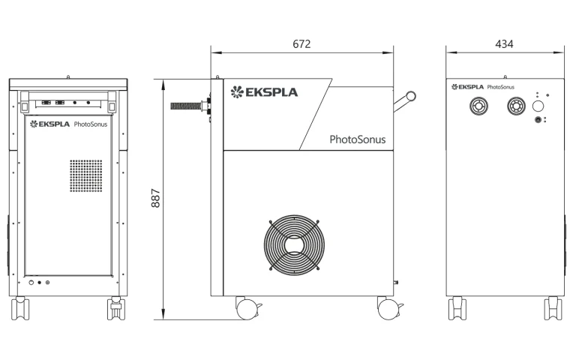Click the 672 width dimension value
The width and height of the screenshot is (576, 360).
[x=301, y=44]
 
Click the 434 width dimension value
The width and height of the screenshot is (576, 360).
[x=504, y=44]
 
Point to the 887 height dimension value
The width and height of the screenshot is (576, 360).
[x=156, y=198]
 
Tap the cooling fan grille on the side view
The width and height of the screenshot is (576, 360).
[x=294, y=245]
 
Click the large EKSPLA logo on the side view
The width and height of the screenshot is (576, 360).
[x=264, y=91]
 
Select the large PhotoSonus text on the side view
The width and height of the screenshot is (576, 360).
[x=358, y=139]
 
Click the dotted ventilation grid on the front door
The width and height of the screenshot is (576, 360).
[x=86, y=175]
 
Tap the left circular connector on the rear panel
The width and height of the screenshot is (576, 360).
[x=478, y=106]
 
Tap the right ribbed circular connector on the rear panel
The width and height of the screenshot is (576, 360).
[x=516, y=106]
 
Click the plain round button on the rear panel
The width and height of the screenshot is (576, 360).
[x=538, y=106]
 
